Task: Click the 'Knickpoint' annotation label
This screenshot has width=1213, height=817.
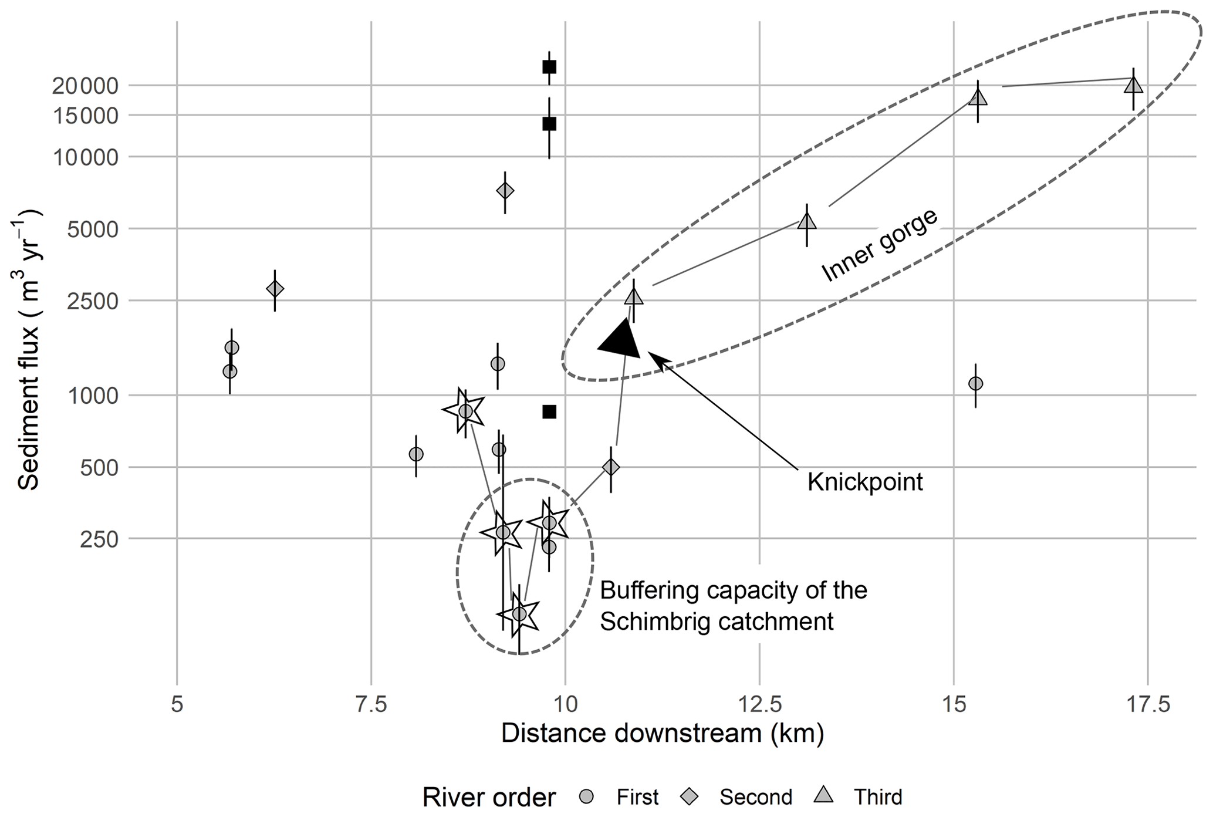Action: pyautogui.click(x=864, y=482)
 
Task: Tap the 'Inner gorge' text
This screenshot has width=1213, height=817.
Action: pyautogui.click(x=879, y=245)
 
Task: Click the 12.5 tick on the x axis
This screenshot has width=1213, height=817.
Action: pyautogui.click(x=759, y=704)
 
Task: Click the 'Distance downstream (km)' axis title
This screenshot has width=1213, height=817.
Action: pyautogui.click(x=662, y=734)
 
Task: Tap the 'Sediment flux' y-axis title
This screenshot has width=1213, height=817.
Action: pyautogui.click(x=28, y=349)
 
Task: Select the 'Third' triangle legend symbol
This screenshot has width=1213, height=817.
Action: pyautogui.click(x=825, y=796)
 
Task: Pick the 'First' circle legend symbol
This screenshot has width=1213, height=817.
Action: pyautogui.click(x=587, y=796)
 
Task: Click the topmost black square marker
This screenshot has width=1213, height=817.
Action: pyautogui.click(x=549, y=67)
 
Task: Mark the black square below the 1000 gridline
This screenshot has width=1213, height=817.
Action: pyautogui.click(x=549, y=412)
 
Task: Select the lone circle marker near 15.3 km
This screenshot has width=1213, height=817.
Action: pyautogui.click(x=975, y=383)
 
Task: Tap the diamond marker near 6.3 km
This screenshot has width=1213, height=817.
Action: pyautogui.click(x=275, y=289)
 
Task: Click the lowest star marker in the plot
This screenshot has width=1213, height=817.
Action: pyautogui.click(x=519, y=614)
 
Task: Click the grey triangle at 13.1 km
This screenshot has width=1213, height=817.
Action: pyautogui.click(x=807, y=222)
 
